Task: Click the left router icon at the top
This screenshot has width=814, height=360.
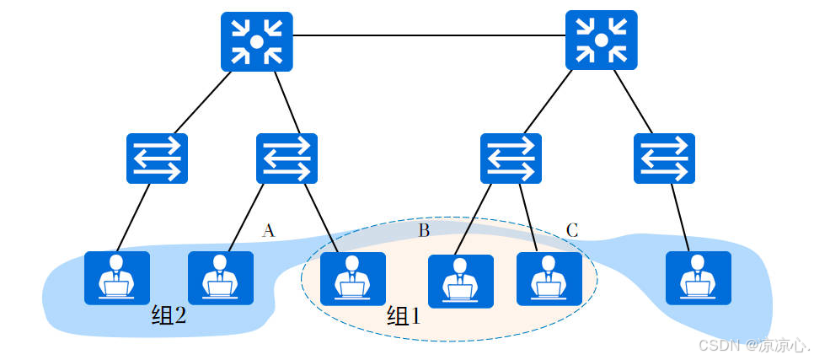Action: click(x=257, y=41)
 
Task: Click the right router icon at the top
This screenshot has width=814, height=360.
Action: click(x=601, y=40)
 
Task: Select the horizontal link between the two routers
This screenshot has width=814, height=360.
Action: click(x=429, y=35)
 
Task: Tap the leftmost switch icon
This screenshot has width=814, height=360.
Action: click(x=157, y=159)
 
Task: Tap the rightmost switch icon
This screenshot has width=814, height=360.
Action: click(x=664, y=159)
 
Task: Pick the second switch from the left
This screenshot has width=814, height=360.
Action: click(x=287, y=159)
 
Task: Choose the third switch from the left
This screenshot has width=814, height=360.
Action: click(x=511, y=159)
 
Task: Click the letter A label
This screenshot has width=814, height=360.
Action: click(x=268, y=230)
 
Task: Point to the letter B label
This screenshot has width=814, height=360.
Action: click(x=424, y=230)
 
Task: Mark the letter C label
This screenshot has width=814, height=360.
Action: click(x=572, y=230)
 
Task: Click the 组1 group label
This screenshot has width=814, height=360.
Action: click(x=403, y=316)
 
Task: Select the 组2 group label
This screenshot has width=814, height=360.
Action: click(x=168, y=315)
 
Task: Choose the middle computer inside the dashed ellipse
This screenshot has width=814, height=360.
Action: click(x=460, y=280)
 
